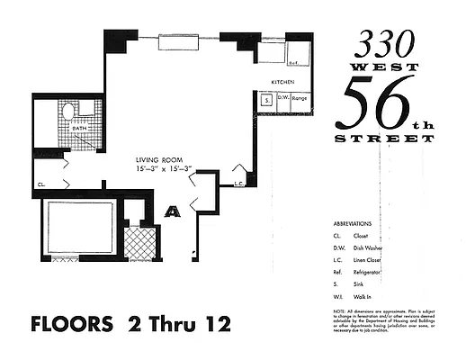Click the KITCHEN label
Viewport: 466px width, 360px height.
283,83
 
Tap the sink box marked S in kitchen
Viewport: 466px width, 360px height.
266,101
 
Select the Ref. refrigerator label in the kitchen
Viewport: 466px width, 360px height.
293,62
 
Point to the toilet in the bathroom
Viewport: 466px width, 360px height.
67,112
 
